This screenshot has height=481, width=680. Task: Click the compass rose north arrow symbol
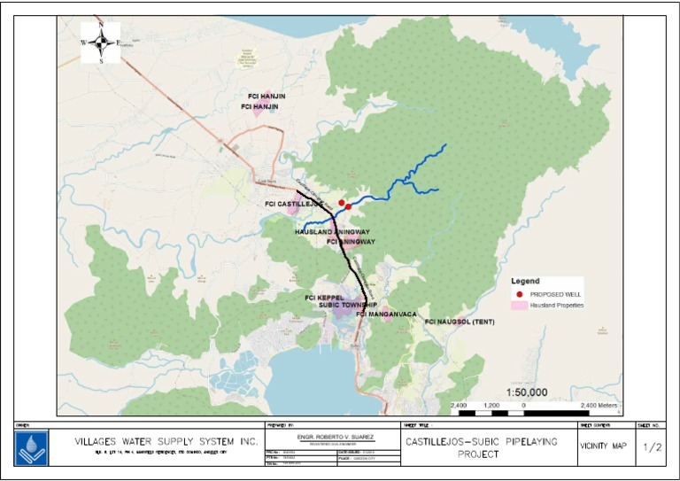[101, 42]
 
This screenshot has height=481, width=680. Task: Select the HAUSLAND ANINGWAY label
[332, 232]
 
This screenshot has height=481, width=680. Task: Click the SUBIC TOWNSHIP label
[347, 305]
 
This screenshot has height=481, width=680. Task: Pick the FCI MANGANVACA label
[386, 314]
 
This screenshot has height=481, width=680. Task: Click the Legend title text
[526, 281]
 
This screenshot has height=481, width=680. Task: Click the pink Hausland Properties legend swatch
[518, 305]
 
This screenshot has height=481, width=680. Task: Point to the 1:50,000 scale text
[527, 392]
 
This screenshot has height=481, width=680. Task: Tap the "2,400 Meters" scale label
[599, 405]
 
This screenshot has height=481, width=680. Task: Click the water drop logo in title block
[32, 448]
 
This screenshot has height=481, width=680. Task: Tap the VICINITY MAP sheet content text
[601, 447]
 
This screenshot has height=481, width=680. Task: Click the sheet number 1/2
[652, 447]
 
